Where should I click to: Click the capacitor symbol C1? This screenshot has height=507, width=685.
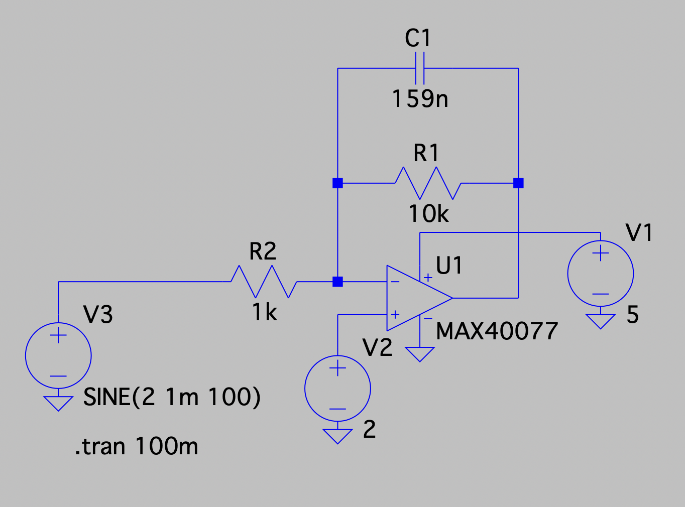pyautogui.click(x=420, y=68)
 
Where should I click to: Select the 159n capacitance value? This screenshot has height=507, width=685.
pyautogui.click(x=420, y=99)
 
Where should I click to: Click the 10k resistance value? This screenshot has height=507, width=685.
pyautogui.click(x=428, y=214)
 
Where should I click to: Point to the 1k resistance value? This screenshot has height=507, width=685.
pyautogui.click(x=265, y=313)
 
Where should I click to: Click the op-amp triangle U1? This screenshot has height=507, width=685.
pyautogui.click(x=414, y=298)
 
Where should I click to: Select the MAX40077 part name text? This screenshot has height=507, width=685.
pyautogui.click(x=497, y=331)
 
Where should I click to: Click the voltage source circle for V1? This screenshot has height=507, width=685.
pyautogui.click(x=600, y=274)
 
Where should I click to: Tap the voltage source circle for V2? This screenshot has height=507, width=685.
pyautogui.click(x=337, y=388)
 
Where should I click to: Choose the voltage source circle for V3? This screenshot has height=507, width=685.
pyautogui.click(x=58, y=355)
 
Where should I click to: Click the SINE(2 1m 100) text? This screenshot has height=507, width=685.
pyautogui.click(x=172, y=397)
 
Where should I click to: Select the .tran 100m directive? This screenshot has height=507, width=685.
pyautogui.click(x=137, y=446)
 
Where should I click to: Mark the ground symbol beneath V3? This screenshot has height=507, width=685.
pyautogui.click(x=58, y=403)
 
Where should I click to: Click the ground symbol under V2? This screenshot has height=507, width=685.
pyautogui.click(x=337, y=436)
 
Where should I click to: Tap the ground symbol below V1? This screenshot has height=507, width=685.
pyautogui.click(x=600, y=321)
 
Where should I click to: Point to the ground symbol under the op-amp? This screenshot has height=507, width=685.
pyautogui.click(x=420, y=354)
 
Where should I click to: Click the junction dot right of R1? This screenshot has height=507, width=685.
pyautogui.click(x=518, y=183)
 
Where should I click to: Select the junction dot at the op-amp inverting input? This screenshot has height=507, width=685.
pyautogui.click(x=337, y=282)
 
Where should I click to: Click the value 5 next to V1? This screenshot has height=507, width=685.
pyautogui.click(x=632, y=315)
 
